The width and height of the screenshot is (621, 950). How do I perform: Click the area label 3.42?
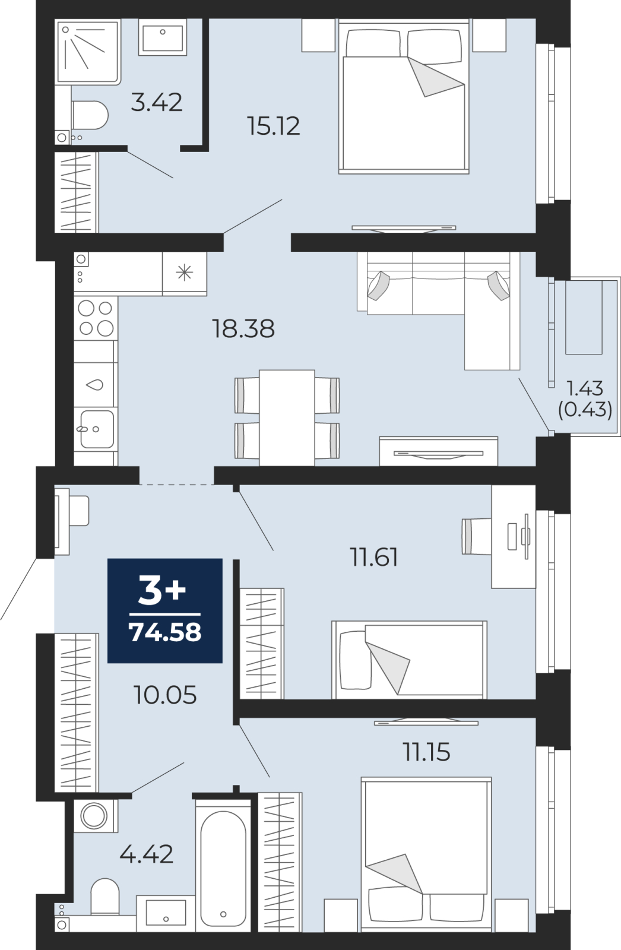pos(156,102)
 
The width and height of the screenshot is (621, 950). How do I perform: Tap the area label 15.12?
pos(273,126)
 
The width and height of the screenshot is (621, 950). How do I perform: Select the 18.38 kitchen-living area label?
pos(243,328)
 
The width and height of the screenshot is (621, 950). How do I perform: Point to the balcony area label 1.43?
pos(585,388)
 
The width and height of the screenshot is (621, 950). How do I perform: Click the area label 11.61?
pos(373,558)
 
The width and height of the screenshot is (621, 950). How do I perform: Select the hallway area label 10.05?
pos(165,695)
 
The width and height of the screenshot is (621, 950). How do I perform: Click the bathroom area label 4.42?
pos(147,854)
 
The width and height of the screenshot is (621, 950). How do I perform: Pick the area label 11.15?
pos(426,752)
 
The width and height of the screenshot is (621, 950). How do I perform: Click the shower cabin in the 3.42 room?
pos(87,51)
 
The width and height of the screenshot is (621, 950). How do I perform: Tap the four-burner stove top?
pos(96,318)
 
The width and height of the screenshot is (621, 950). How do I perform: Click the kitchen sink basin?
pos(97,429)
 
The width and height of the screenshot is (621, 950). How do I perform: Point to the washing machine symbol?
pos(94,815)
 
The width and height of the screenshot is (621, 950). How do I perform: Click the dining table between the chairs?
pos(287,417)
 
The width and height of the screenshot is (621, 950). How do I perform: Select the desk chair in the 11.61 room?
pos(475,536)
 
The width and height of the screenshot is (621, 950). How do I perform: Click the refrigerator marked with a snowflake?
pos(185,273)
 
